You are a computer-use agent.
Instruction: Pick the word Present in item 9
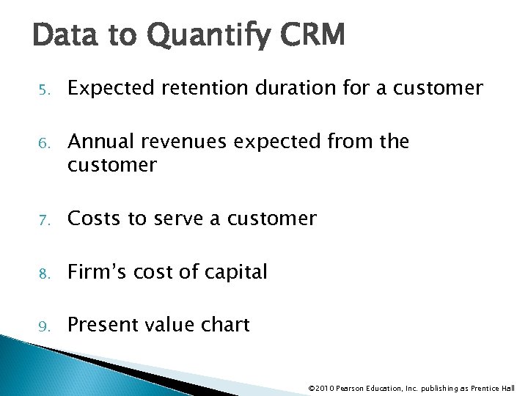[x=102, y=325]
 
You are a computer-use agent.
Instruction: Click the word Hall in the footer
[x=507, y=388]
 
